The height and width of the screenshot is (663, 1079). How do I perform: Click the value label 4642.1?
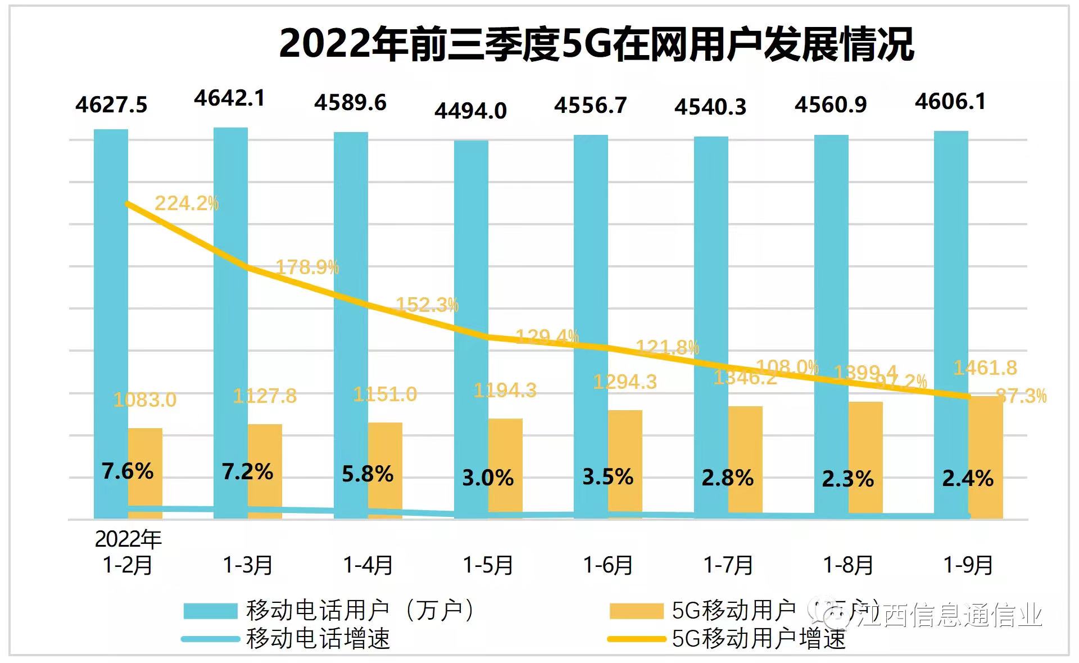click(x=229, y=98)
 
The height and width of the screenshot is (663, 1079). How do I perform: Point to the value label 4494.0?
click(x=470, y=111)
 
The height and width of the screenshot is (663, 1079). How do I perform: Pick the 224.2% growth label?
click(x=187, y=203)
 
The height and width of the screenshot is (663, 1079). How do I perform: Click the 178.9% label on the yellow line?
click(x=307, y=267)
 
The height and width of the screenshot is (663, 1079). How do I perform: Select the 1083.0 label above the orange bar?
click(x=145, y=399)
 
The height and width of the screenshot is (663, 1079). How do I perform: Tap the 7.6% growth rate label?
click(x=128, y=471)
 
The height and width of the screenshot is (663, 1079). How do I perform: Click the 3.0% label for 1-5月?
click(x=488, y=478)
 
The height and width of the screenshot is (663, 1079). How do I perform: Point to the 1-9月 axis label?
click(x=968, y=565)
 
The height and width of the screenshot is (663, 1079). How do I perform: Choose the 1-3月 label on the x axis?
click(x=248, y=565)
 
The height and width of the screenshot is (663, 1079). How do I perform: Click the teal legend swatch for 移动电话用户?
click(x=210, y=611)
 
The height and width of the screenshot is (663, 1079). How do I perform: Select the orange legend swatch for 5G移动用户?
click(x=636, y=611)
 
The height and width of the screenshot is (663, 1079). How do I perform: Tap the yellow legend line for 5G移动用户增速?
click(x=636, y=639)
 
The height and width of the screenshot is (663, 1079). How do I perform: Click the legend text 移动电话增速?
click(x=318, y=639)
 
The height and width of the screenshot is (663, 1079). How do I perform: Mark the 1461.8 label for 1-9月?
click(x=985, y=368)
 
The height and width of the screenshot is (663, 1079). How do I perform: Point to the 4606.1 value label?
click(x=950, y=102)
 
